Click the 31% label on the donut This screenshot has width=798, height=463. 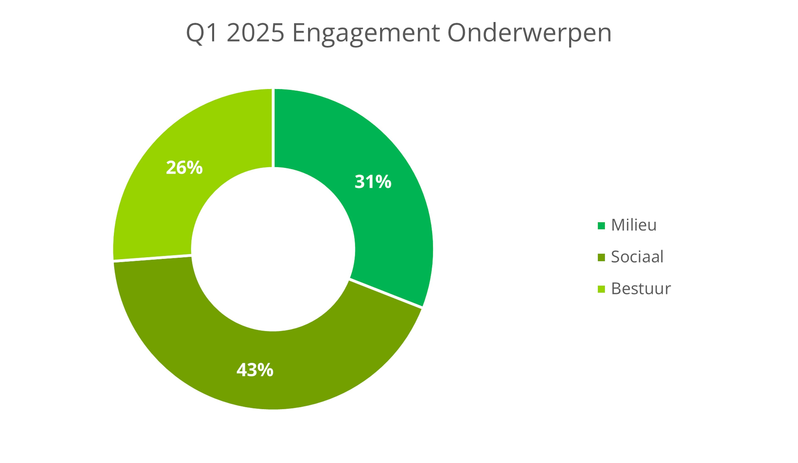click(x=373, y=182)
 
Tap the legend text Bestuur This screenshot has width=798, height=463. click(x=641, y=289)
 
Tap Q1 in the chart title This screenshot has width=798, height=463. click(x=202, y=33)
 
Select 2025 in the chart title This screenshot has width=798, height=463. click(x=255, y=33)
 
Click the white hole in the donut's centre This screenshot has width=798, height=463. click(x=273, y=249)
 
